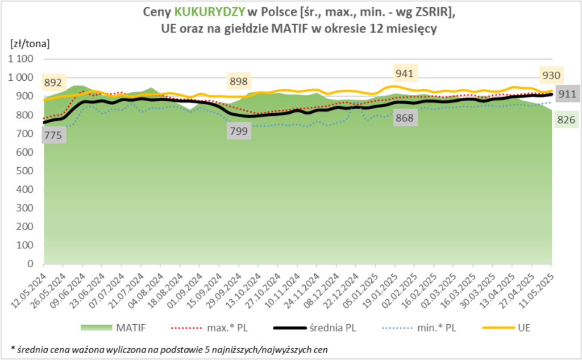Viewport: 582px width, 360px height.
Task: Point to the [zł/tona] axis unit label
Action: coord(30,43)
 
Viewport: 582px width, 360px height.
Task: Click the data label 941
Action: coord(404,73)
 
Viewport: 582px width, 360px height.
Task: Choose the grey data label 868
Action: coord(404,118)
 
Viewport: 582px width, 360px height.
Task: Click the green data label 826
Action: coord(566,120)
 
